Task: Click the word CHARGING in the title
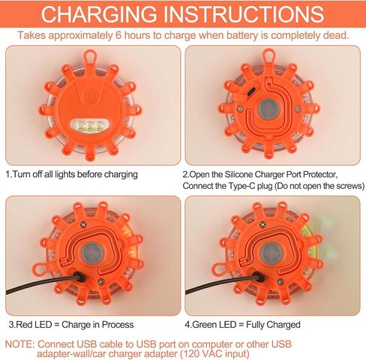[98, 14]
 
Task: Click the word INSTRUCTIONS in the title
[244, 14]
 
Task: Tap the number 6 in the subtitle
[118, 35]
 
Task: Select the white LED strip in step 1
[90, 126]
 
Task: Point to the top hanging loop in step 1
[90, 56]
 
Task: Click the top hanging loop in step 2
[269, 55]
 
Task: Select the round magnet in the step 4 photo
[271, 253]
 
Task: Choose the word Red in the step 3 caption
[25, 325]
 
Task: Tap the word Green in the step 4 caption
[205, 325]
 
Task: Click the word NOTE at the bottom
[19, 344]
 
